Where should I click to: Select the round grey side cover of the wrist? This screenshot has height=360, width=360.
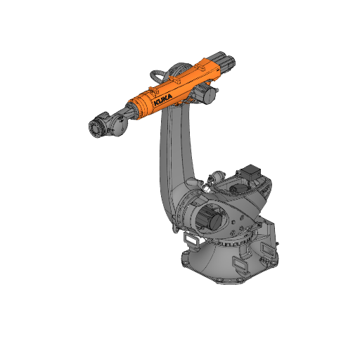click(116, 127)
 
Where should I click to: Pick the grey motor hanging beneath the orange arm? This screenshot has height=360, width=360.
click(209, 94)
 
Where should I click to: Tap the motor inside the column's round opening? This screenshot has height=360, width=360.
click(210, 220)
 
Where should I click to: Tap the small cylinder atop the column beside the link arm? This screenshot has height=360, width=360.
click(214, 176)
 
